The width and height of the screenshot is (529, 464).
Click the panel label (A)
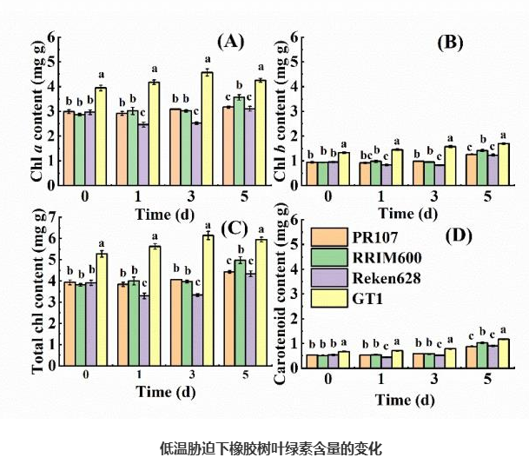(231, 41)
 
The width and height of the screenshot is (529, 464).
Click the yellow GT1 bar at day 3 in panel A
(207, 130)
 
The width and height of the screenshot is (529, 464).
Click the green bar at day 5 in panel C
(240, 313)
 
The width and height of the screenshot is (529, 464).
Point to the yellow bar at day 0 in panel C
(101, 309)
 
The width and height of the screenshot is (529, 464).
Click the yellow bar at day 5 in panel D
(503, 353)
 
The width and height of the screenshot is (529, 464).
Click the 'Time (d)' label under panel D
(405, 400)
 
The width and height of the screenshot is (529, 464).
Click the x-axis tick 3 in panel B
(451, 196)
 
